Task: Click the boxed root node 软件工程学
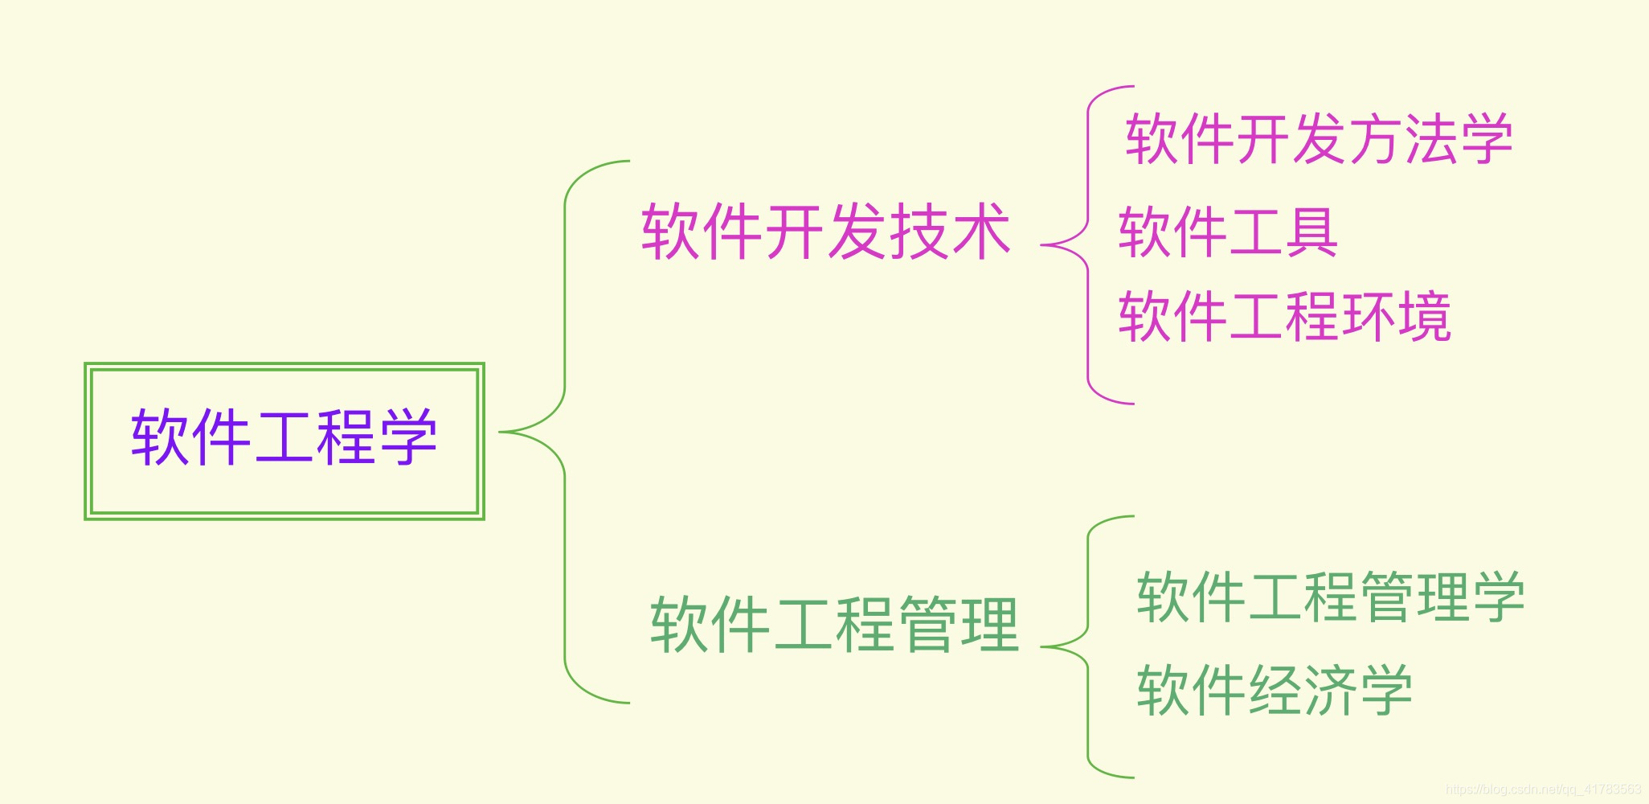(284, 441)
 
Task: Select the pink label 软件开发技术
(825, 232)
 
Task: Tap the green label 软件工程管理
(834, 624)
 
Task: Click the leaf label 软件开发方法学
(1319, 139)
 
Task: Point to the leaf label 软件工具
(1228, 232)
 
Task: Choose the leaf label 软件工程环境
(1284, 317)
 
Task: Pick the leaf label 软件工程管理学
(1330, 597)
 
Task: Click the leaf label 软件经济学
(1275, 690)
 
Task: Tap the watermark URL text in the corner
(1543, 790)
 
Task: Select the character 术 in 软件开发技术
(980, 232)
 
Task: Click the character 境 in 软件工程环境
(1424, 317)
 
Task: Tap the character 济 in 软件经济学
(1330, 690)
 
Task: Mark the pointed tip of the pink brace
(1042, 245)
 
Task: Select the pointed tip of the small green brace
(1042, 646)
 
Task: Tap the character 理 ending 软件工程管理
(990, 624)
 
